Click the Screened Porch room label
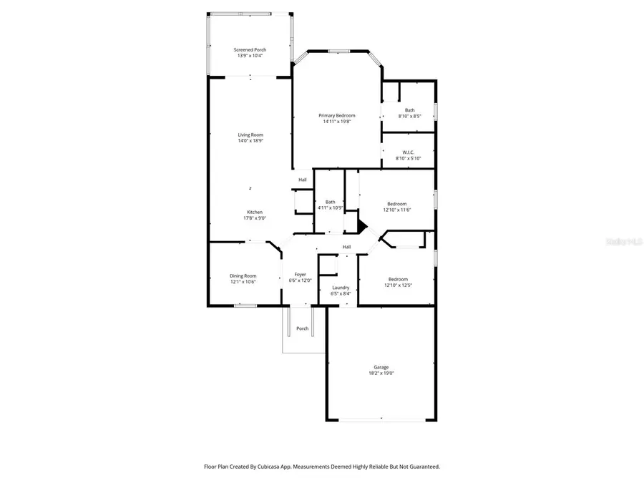point(250,49)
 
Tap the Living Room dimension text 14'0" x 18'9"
point(250,141)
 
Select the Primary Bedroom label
point(336,115)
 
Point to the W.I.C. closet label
point(409,152)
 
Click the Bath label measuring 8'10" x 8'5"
point(409,109)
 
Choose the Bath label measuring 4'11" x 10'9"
point(330,202)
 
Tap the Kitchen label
point(255,212)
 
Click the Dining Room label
point(243,275)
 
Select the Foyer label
point(300,274)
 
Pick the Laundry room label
point(340,287)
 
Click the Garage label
point(381,367)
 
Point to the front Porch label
point(303,328)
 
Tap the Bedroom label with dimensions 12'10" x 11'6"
point(397,204)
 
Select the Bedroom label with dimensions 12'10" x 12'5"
point(398,279)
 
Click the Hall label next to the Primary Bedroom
point(303,180)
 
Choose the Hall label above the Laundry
point(346,247)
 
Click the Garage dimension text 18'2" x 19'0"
point(381,374)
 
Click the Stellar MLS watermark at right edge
point(624,242)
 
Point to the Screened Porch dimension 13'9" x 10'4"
point(250,56)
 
